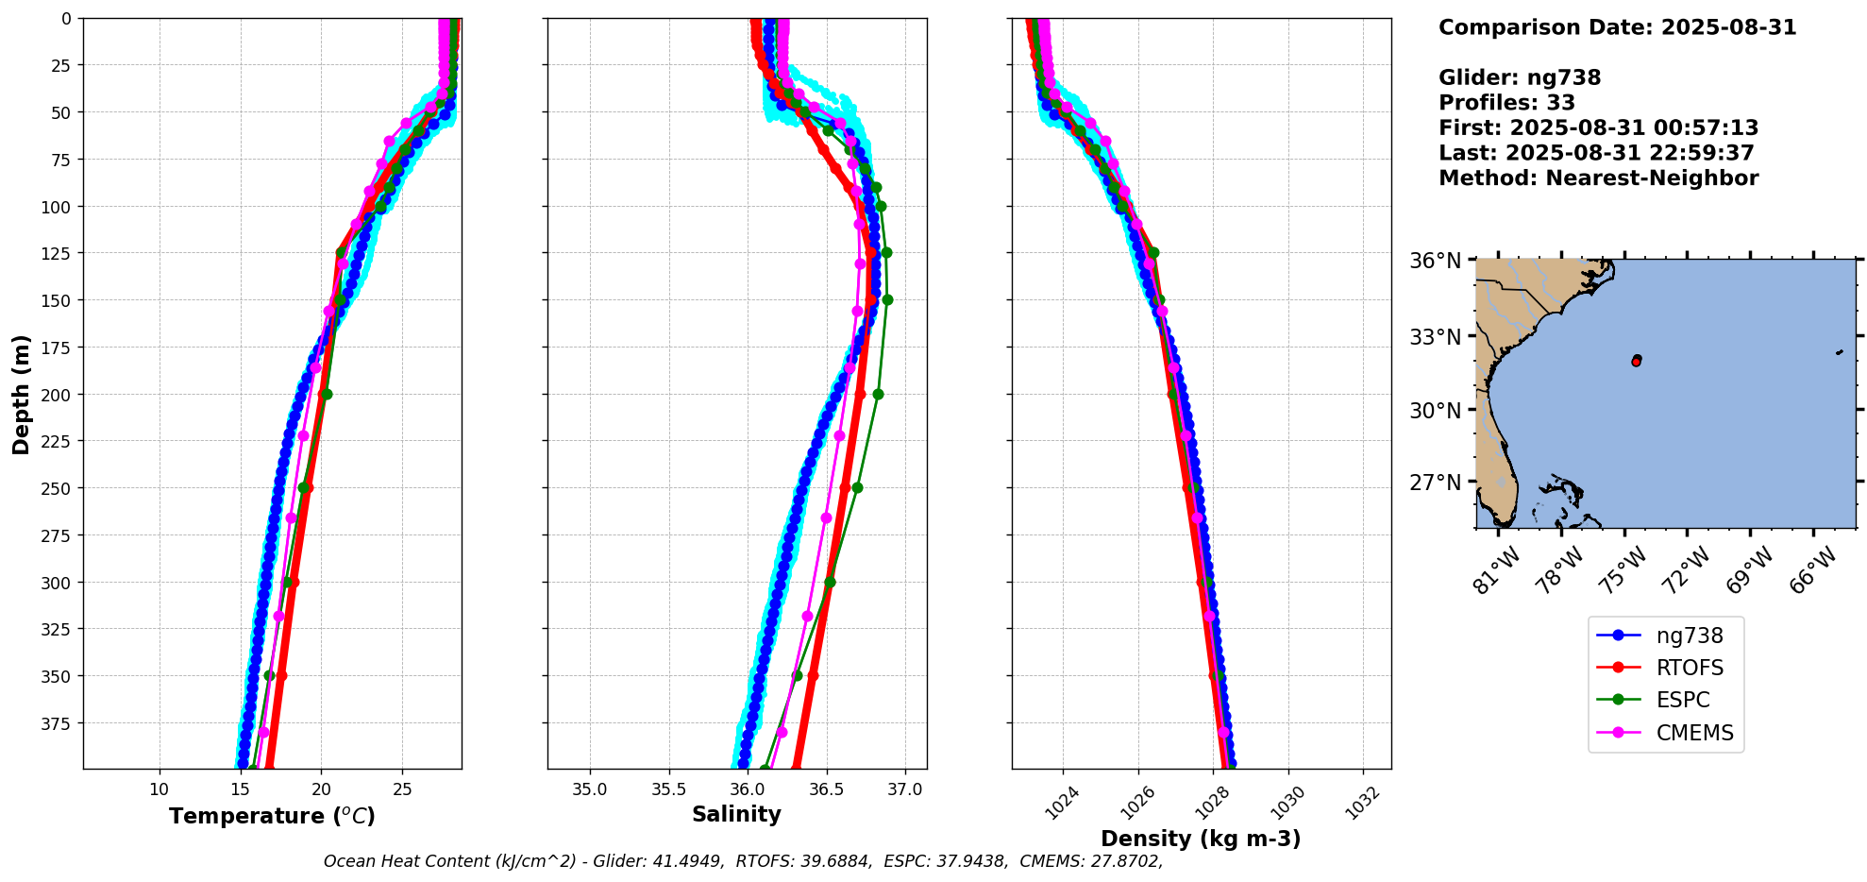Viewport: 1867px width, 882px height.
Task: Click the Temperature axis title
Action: click(272, 816)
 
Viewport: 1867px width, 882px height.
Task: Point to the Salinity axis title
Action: click(736, 815)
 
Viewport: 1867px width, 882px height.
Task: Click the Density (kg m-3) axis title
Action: click(1201, 839)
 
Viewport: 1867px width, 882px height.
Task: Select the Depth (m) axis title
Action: click(21, 394)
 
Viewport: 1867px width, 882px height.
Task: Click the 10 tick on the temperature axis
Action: click(160, 789)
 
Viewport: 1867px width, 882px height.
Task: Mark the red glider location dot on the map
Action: click(1636, 362)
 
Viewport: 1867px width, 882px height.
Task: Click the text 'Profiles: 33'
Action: click(1506, 103)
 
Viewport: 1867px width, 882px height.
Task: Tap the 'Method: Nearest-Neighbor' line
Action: click(1598, 178)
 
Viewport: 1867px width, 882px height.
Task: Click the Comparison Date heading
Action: click(1617, 27)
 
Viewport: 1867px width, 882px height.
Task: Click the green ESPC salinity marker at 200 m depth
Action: click(878, 394)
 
